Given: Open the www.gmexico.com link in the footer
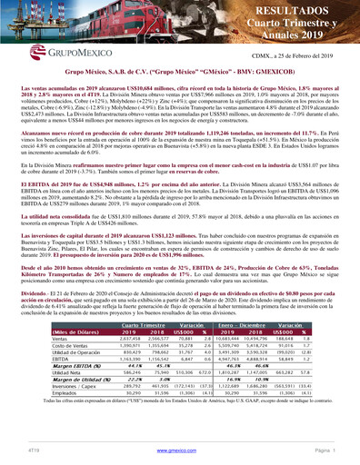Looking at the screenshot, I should pos(182,450).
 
